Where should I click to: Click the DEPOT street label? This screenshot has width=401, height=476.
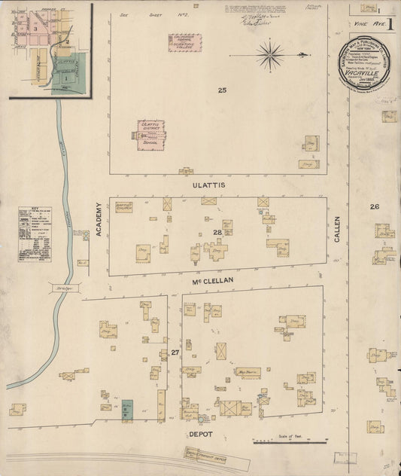(200, 434)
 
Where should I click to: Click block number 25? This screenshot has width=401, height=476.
(222, 90)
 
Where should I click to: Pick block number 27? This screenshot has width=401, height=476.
(174, 352)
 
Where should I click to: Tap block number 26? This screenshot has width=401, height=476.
(374, 206)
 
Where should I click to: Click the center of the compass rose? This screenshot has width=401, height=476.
(269, 53)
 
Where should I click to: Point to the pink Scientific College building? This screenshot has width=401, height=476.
(184, 42)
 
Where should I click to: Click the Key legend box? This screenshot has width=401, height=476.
(35, 233)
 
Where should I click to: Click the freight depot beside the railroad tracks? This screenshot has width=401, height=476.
(210, 454)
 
